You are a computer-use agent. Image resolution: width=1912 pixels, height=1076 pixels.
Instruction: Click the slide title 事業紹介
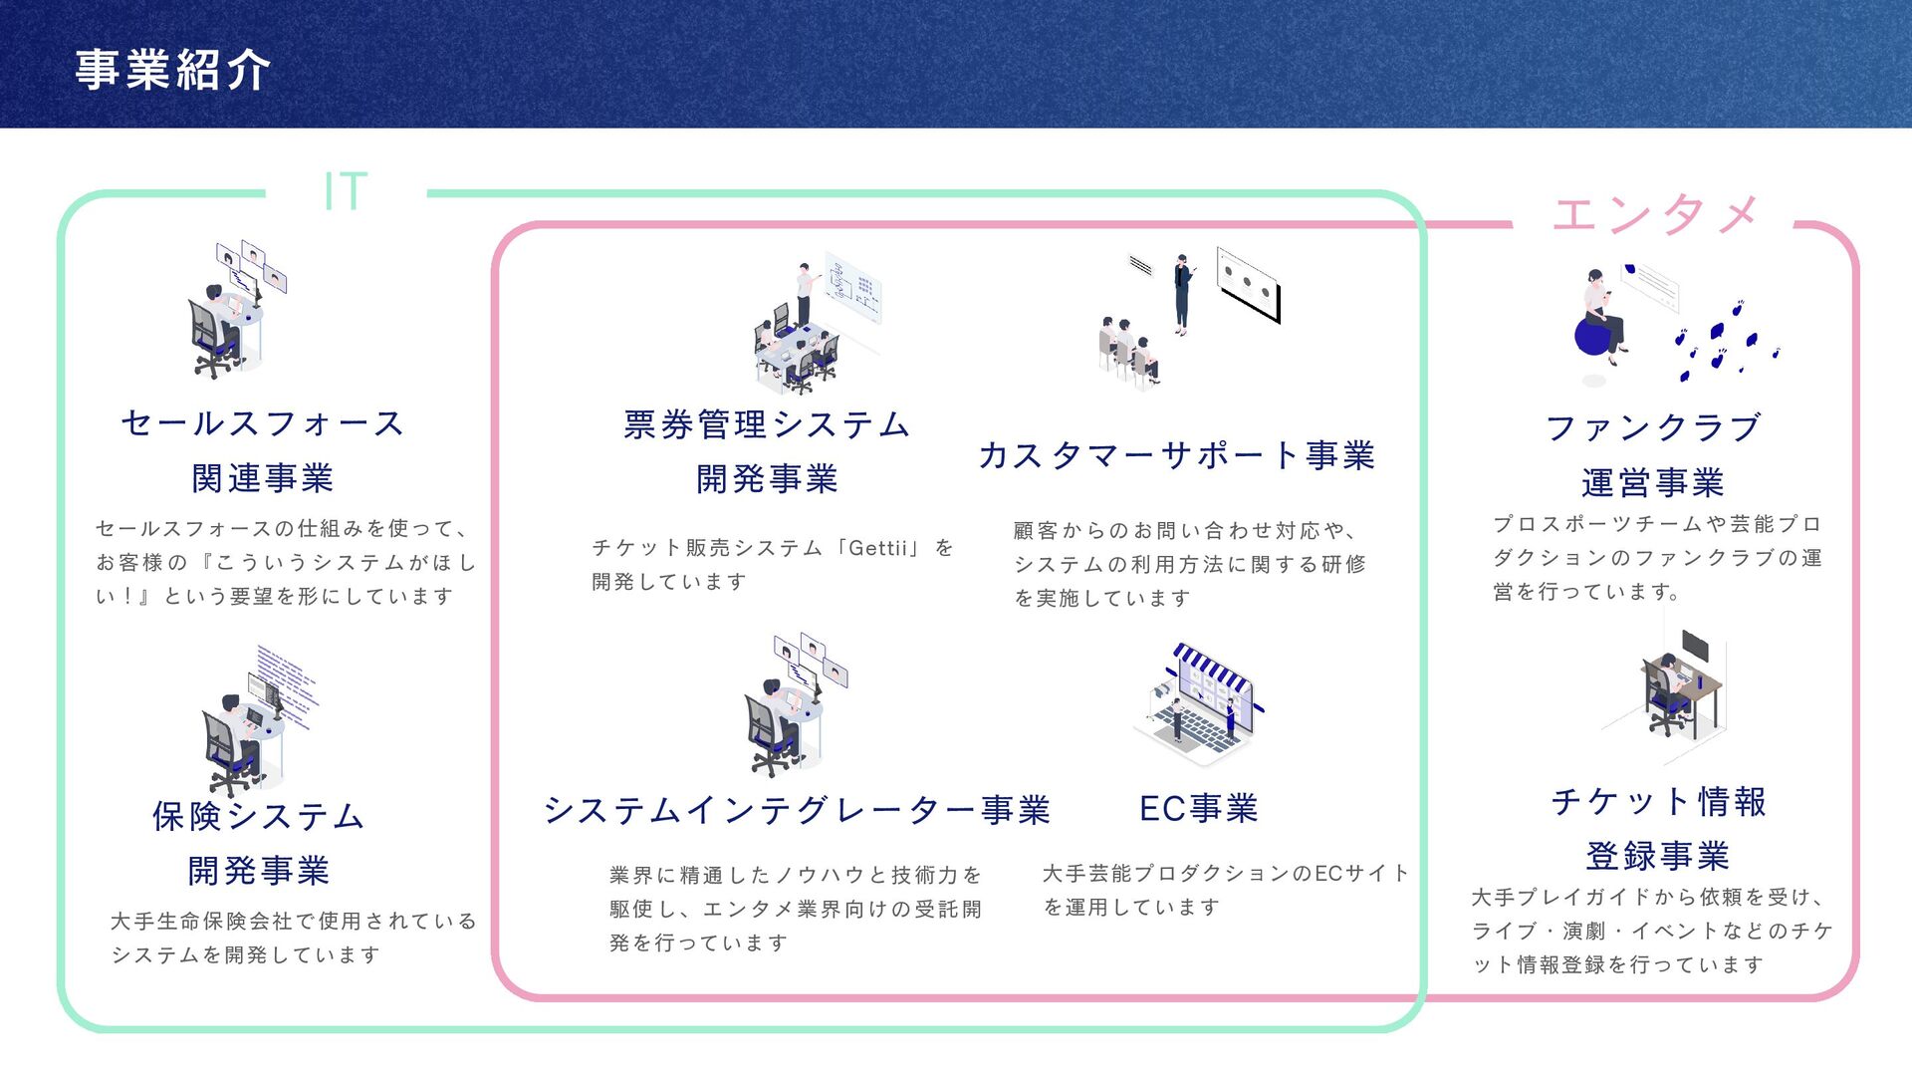click(x=172, y=70)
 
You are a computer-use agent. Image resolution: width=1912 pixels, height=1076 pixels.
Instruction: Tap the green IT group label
click(x=346, y=190)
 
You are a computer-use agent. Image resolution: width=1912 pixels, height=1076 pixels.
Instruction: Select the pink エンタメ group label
click(x=1654, y=214)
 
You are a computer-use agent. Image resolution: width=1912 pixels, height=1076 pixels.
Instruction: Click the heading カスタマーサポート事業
click(x=1176, y=455)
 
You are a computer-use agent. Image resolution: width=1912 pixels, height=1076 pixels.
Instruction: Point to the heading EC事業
click(x=1198, y=808)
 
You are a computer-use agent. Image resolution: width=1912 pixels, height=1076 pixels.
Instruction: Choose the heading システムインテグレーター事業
click(x=797, y=810)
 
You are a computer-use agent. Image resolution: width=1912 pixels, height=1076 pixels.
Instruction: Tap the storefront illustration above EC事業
click(x=1200, y=702)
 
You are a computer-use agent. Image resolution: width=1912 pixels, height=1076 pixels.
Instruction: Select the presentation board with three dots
click(x=1249, y=284)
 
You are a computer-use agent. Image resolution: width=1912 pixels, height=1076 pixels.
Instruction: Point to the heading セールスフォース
click(x=262, y=423)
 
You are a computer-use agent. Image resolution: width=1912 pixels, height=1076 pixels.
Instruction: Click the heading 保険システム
click(x=258, y=816)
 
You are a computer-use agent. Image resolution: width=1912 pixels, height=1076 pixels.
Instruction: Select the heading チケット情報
click(x=1658, y=802)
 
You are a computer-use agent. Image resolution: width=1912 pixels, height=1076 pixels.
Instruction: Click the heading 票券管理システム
click(x=767, y=425)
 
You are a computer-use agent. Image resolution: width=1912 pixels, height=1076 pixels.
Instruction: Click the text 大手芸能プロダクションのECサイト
click(x=1225, y=874)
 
